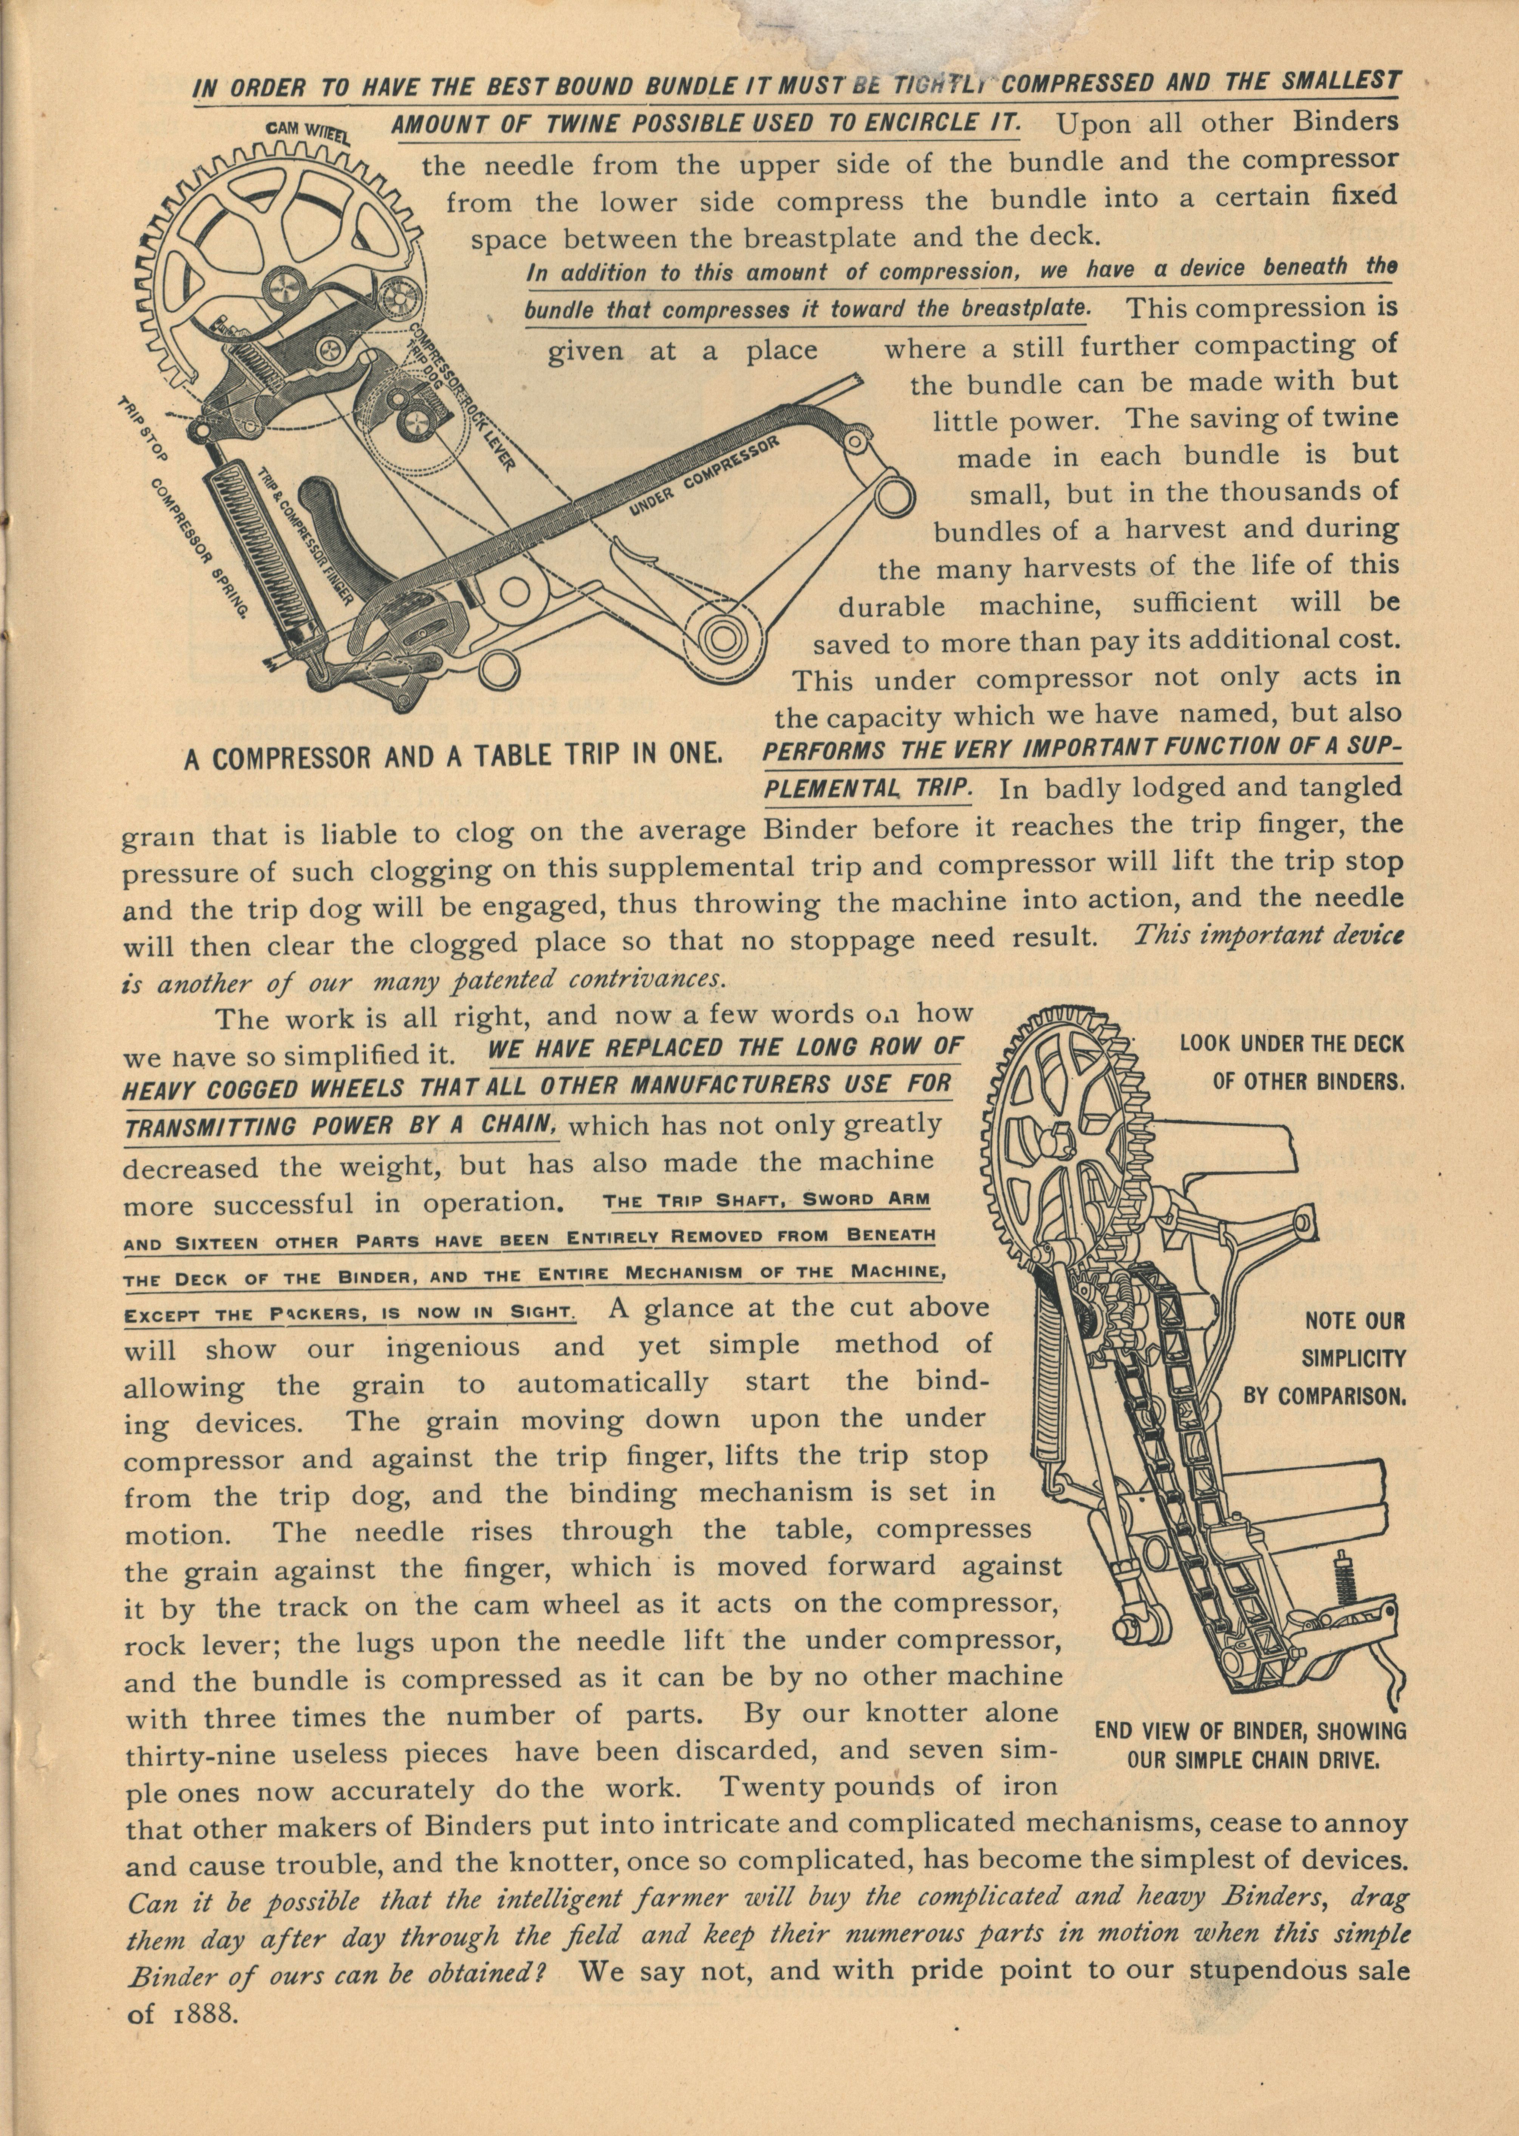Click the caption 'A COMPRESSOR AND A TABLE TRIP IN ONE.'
(x=452, y=756)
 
